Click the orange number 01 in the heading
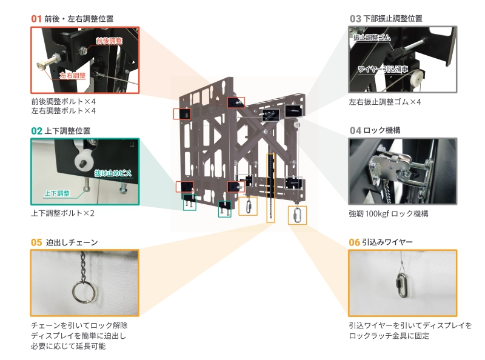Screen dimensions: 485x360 point(36,19)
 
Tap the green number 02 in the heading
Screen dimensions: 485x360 point(36,131)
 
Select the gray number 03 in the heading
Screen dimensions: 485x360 point(355,19)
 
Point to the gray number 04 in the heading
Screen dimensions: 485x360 point(355,130)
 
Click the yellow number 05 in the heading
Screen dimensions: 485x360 point(36,242)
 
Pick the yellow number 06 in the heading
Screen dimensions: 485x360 point(354,242)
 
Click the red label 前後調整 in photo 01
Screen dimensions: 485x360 point(109,41)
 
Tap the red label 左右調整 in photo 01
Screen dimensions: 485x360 point(73,76)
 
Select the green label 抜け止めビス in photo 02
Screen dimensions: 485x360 point(113,173)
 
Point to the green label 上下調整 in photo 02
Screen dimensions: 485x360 point(57,193)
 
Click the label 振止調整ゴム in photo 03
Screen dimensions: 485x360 point(372,38)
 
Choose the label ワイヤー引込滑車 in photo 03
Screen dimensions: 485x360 point(383,69)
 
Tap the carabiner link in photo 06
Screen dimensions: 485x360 point(401,285)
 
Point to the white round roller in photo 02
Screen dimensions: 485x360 point(84,161)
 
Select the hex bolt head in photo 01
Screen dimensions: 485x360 point(42,65)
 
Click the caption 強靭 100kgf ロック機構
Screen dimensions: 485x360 point(389,214)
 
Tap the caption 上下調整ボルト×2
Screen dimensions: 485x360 point(62,213)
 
